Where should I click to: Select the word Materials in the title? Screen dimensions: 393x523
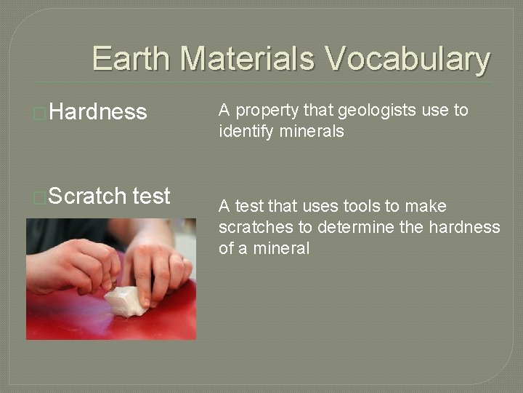tap(248, 59)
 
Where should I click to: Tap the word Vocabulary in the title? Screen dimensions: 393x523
tap(408, 59)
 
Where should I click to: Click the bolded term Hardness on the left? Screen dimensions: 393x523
tap(99, 111)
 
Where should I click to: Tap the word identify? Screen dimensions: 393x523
tap(243, 132)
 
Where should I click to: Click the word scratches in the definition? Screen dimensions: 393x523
tap(256, 227)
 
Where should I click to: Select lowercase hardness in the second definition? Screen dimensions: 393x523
tap(464, 227)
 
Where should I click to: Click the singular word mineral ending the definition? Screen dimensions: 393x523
tap(281, 248)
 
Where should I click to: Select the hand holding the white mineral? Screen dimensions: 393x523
tap(156, 266)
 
